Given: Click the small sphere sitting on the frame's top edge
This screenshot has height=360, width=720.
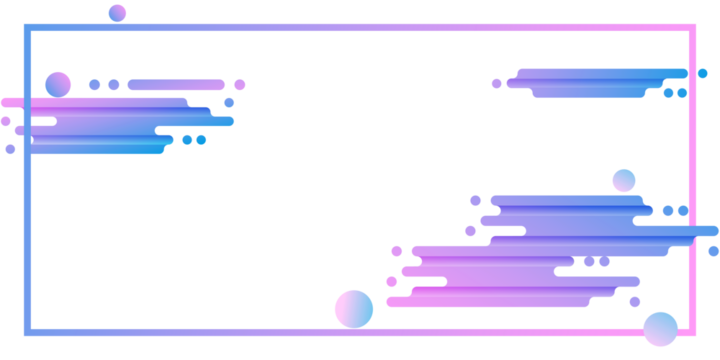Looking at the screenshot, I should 117,13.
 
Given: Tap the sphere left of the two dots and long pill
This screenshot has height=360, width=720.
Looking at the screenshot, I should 58,85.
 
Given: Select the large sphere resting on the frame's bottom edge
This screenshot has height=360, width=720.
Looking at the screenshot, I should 354,309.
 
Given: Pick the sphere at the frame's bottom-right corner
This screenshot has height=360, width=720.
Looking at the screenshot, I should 660,329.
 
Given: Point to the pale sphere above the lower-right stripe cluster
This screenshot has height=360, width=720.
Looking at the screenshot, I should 624,181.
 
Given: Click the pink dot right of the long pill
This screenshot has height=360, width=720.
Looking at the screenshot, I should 239,85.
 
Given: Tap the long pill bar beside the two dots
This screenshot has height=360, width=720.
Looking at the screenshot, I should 176,85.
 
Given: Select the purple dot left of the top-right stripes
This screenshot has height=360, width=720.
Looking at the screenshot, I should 496,84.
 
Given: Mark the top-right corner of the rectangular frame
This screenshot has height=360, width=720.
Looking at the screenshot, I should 693,28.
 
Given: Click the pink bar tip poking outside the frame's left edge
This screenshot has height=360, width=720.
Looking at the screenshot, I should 9,102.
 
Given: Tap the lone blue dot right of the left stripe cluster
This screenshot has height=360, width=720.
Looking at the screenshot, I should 229,102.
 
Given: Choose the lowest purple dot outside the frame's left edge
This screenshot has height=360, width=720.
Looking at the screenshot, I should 10,149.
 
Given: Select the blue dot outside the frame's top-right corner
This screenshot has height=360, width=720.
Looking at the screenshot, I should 703,73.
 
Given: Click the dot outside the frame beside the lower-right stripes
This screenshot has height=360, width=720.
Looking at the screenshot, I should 713,251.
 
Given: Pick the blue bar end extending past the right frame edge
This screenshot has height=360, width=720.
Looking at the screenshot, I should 708,231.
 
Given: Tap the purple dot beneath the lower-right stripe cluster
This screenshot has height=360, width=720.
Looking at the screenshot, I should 635,301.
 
